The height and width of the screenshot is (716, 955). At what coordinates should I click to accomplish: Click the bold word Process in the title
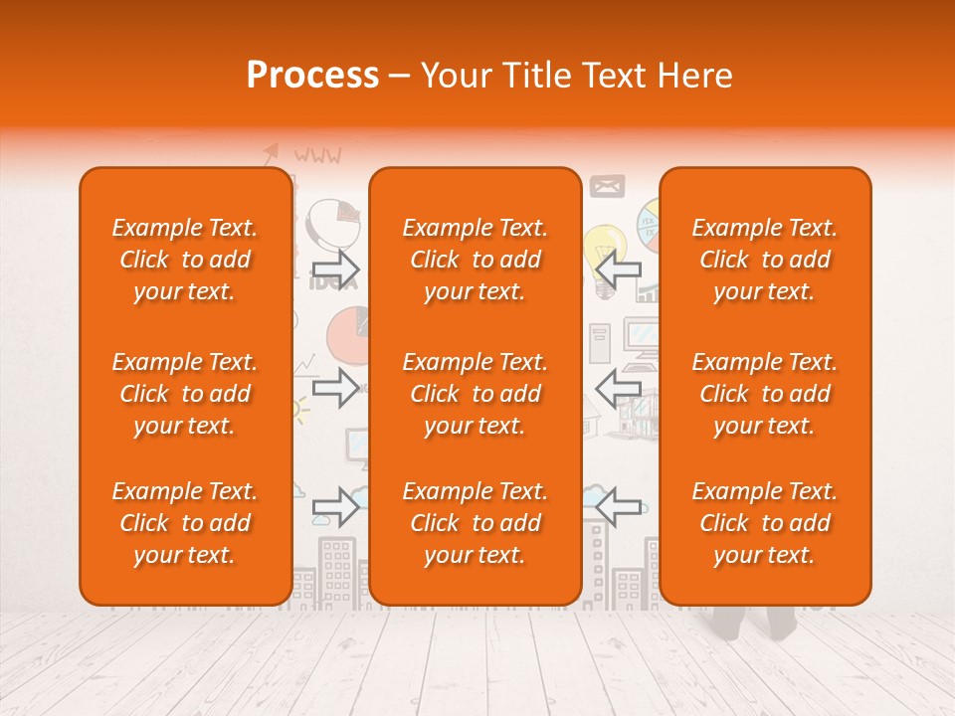pos(312,76)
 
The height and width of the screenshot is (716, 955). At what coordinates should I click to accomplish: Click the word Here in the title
pos(696,76)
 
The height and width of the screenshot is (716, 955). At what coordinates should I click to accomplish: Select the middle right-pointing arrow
pos(335,388)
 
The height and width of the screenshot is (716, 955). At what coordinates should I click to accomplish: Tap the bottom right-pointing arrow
pos(335,506)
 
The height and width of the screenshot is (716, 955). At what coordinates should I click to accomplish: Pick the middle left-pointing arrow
pos(618,388)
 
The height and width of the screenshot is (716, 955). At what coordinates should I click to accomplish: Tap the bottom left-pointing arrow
pos(618,506)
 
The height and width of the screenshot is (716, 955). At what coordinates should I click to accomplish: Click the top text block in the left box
pos(185,260)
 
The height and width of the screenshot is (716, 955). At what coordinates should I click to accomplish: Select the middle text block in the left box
pos(185,394)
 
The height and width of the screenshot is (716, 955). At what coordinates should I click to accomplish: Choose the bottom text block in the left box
pos(185,523)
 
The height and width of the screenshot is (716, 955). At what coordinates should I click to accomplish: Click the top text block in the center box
pos(475,260)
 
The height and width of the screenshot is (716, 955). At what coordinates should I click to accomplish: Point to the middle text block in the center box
pos(475,394)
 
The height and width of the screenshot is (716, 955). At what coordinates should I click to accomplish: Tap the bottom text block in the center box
pos(475,523)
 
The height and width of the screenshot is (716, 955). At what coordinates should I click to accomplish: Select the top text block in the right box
pos(765,260)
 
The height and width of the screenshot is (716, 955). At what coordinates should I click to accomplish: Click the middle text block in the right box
pos(765,394)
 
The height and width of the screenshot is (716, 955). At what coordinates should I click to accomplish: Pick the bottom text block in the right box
pos(765,523)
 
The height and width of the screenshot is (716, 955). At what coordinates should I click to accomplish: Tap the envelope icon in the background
pos(607,186)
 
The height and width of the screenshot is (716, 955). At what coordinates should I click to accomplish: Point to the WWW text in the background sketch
pos(317,155)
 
